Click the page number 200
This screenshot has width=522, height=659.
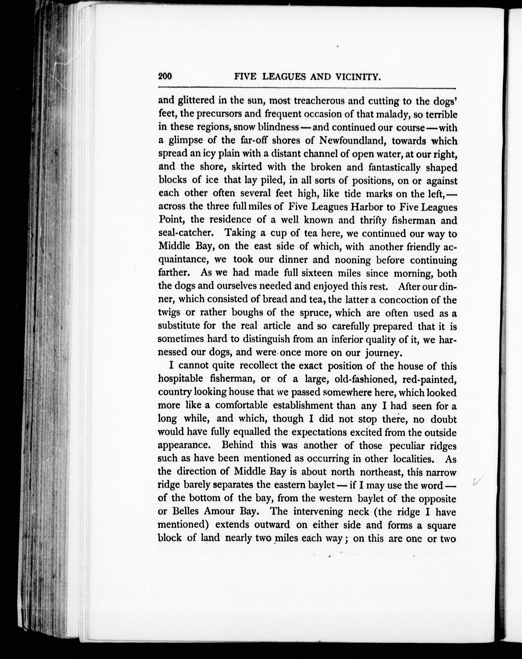tap(165, 76)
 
